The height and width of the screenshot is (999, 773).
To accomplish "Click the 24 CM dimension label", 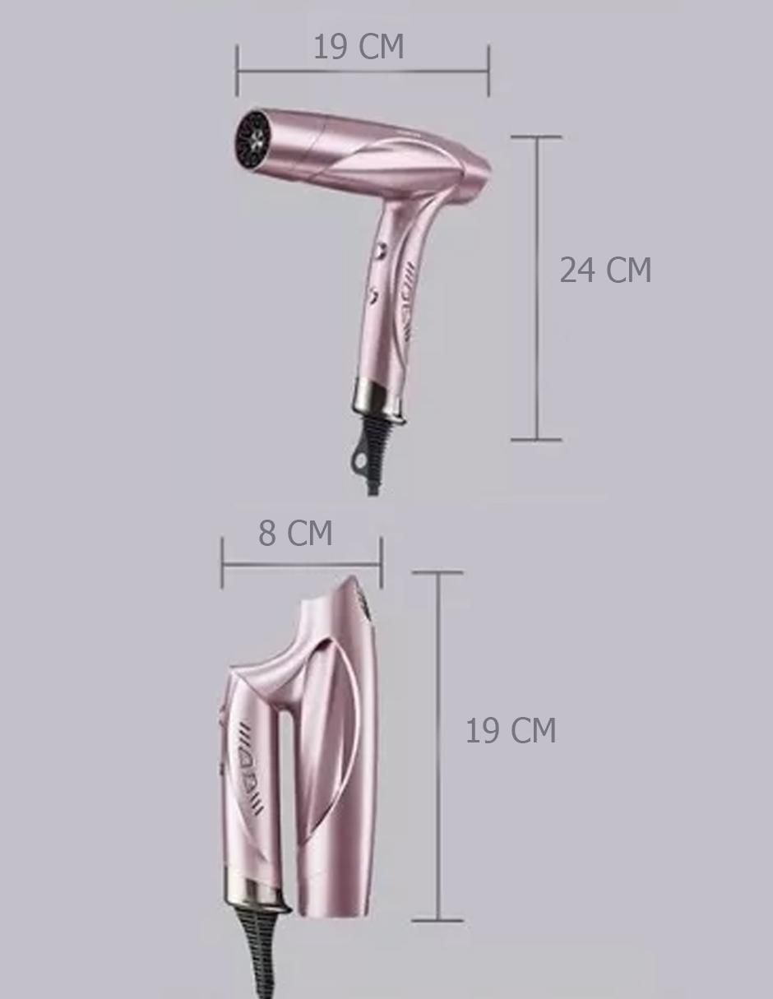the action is [x=605, y=270].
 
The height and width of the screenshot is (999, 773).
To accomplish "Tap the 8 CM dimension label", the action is [x=295, y=534].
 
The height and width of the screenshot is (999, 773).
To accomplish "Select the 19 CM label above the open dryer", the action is [x=359, y=46].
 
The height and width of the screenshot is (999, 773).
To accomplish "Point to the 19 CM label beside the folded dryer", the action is [x=511, y=730].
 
